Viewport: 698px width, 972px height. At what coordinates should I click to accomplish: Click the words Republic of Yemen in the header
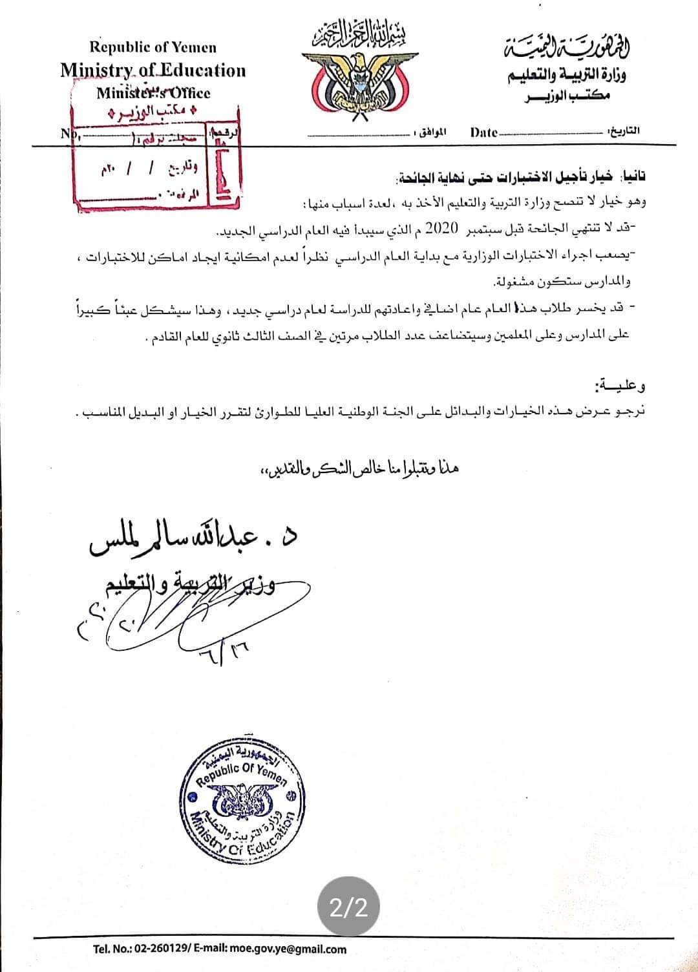pyautogui.click(x=153, y=47)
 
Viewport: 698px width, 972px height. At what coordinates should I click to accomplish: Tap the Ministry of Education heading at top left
pyautogui.click(x=153, y=70)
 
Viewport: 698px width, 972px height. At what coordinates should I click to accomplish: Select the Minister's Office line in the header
pyautogui.click(x=153, y=92)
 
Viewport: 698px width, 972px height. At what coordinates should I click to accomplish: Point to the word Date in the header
pyautogui.click(x=483, y=132)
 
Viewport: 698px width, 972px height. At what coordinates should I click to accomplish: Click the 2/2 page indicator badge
pyautogui.click(x=348, y=908)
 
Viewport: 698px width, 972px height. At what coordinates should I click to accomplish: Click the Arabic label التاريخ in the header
pyautogui.click(x=624, y=131)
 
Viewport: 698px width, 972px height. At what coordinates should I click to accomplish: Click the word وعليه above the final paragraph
pyautogui.click(x=621, y=387)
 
